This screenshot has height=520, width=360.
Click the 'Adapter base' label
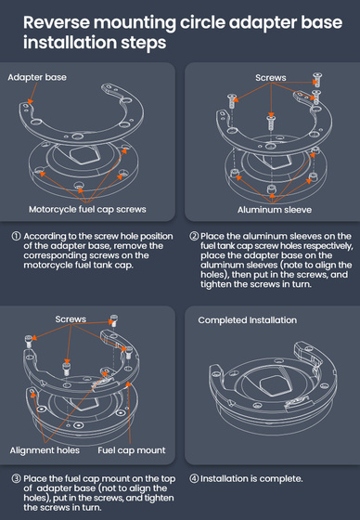coord(37,77)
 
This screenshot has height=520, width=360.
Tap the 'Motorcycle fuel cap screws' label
coord(87,209)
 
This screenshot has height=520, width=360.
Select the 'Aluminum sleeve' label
coord(275,210)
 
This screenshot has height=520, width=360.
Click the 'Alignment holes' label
coord(45,450)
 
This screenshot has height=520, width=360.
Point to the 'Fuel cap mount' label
coord(132,450)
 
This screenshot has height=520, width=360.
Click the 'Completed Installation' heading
coord(248,320)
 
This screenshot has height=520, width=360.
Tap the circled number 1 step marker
coord(16,236)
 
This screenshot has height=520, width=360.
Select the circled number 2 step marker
coord(194,236)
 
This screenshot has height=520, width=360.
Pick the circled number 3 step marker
coord(16,478)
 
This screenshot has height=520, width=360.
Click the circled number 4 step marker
coord(194,478)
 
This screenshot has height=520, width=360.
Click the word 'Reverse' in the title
coord(57,22)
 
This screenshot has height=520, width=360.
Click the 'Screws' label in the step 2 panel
coord(271,78)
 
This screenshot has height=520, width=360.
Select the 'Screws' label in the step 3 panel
coord(71,319)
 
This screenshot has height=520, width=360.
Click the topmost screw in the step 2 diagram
coord(317,79)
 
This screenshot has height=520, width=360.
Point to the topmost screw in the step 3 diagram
coord(114,319)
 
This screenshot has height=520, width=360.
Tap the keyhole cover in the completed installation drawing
coord(274,385)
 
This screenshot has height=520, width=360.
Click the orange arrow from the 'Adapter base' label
coord(32,93)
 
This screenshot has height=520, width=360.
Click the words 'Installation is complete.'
coord(251,478)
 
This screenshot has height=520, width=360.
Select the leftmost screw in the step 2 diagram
coord(231,101)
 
